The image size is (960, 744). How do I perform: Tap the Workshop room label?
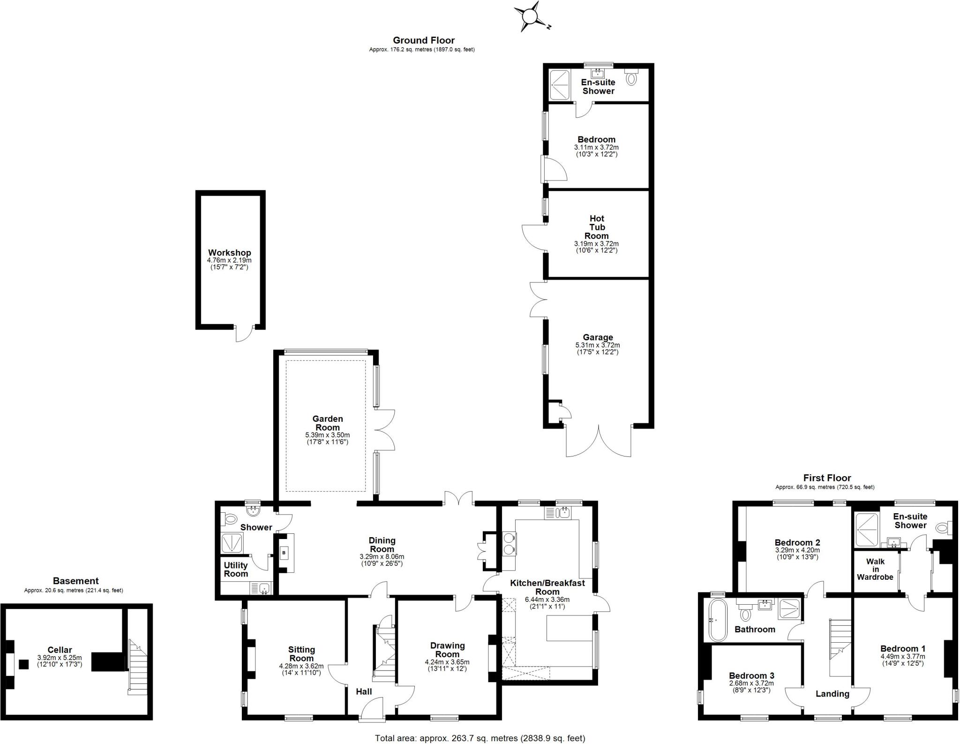(229, 253)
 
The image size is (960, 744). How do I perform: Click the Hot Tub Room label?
(596, 227)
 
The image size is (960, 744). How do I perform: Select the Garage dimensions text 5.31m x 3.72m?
(598, 345)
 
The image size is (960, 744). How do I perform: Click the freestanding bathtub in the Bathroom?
(717, 620)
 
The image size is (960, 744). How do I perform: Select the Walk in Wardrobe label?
(875, 569)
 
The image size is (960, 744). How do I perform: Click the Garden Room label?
(328, 423)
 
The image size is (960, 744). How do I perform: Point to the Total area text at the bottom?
(480, 738)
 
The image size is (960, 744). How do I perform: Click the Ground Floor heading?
(423, 40)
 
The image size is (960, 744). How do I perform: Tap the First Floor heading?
(827, 478)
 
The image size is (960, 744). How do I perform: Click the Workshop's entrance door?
(244, 333)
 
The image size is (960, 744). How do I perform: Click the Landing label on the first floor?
(832, 694)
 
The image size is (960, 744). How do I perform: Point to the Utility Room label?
(236, 569)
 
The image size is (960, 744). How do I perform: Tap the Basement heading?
(75, 581)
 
